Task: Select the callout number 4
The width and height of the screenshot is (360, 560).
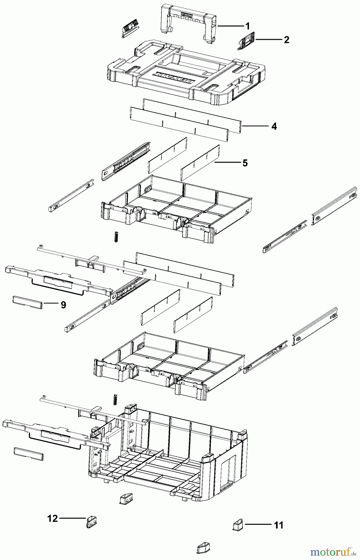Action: pyautogui.click(x=274, y=126)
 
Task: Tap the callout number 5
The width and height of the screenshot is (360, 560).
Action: pyautogui.click(x=245, y=163)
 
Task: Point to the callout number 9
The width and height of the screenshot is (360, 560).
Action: pyautogui.click(x=63, y=305)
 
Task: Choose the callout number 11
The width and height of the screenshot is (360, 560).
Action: pyautogui.click(x=279, y=525)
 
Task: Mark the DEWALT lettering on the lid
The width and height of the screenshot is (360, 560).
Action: pyautogui.click(x=175, y=78)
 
